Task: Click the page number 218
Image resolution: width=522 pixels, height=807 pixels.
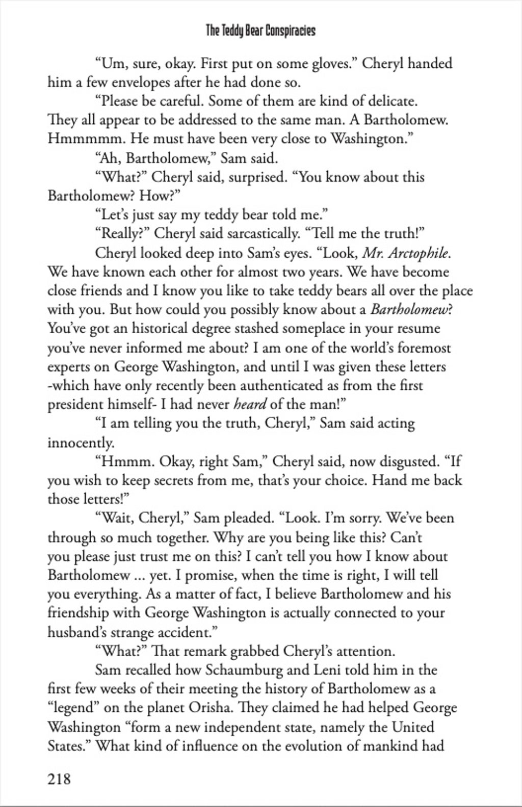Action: click(59, 779)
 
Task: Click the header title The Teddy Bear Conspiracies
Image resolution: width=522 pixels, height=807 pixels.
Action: click(260, 31)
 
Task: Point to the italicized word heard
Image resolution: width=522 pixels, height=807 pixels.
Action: click(250, 405)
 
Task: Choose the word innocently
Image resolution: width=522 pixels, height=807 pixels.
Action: click(81, 442)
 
